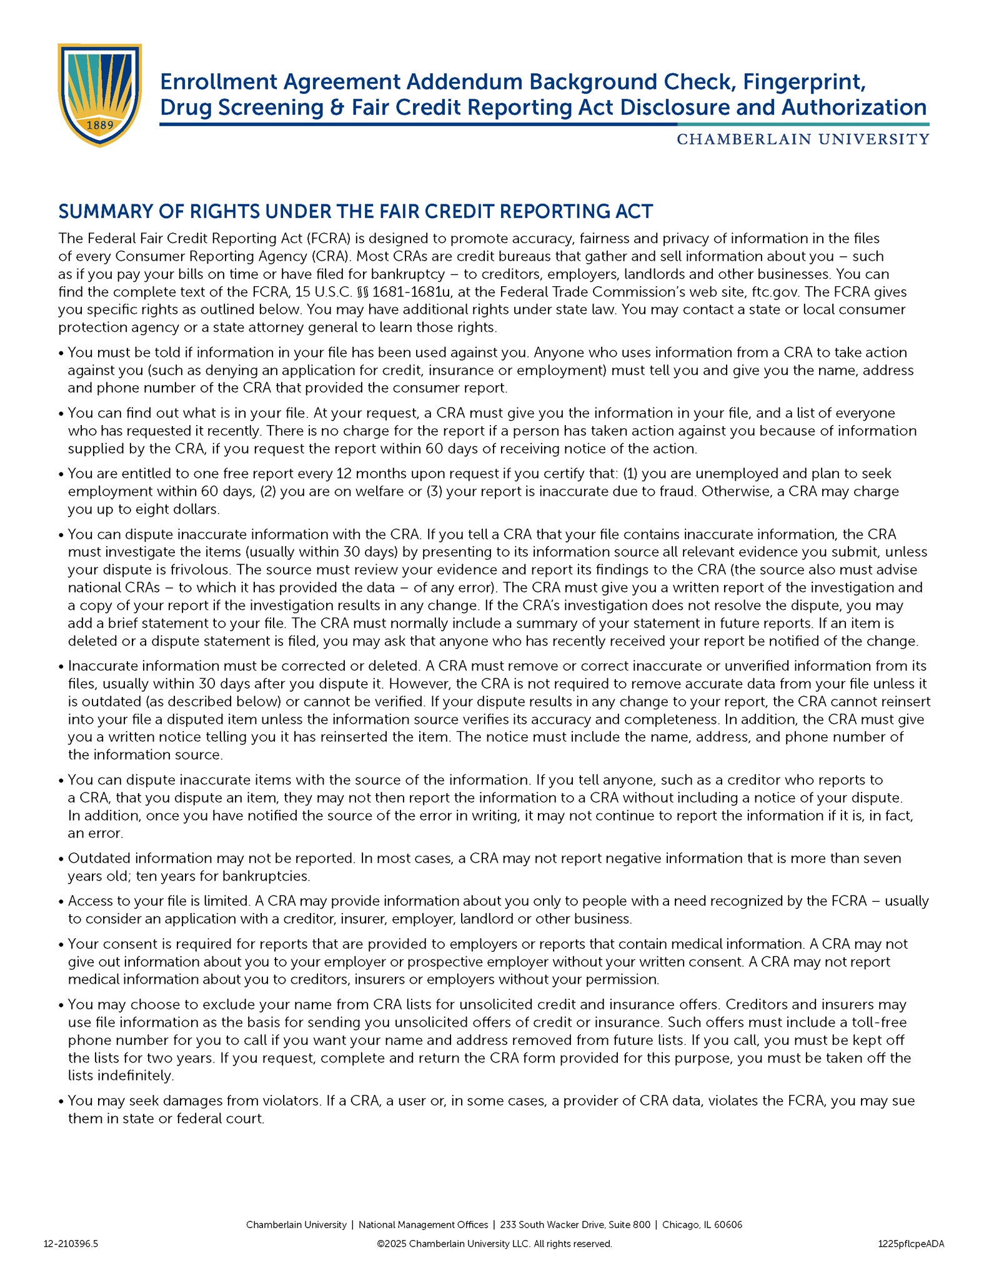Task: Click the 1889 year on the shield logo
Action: pos(99,125)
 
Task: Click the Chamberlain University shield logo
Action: pos(100,94)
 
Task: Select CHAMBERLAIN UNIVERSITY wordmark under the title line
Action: pos(802,139)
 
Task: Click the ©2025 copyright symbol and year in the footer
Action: pos(392,1244)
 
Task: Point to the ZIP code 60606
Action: pos(727,1225)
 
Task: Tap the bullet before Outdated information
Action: pos(61,859)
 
